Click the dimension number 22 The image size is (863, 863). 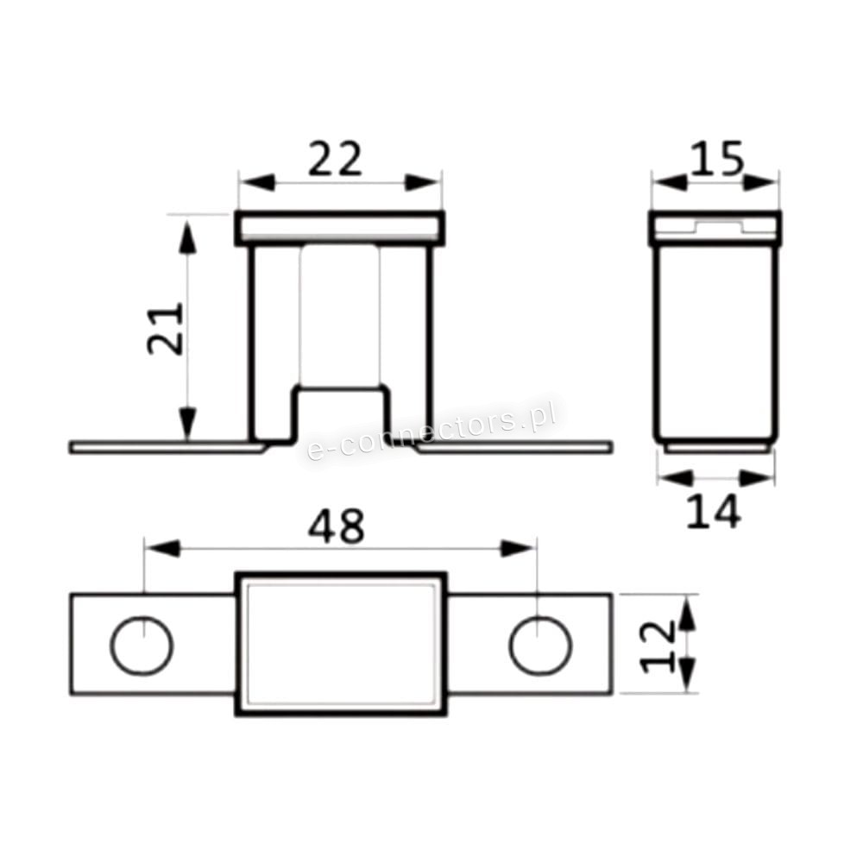tap(335, 159)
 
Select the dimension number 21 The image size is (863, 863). tap(166, 329)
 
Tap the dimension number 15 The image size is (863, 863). tap(716, 158)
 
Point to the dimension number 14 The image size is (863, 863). tap(715, 511)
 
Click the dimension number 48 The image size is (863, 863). tap(336, 526)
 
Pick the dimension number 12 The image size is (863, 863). tap(659, 646)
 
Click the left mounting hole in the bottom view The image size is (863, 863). tap(142, 645)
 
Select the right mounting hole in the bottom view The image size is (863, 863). tap(540, 645)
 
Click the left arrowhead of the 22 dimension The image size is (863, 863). tap(257, 183)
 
